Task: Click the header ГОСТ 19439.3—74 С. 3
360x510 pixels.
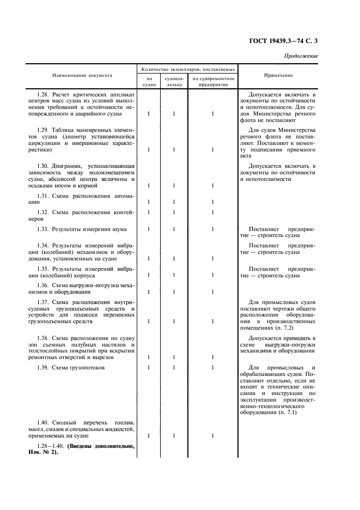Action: [288, 41]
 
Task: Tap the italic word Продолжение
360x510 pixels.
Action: [301, 56]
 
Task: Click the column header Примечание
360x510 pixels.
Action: [278, 75]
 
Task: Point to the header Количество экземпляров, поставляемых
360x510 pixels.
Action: [188, 70]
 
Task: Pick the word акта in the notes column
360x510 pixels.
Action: [246, 155]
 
